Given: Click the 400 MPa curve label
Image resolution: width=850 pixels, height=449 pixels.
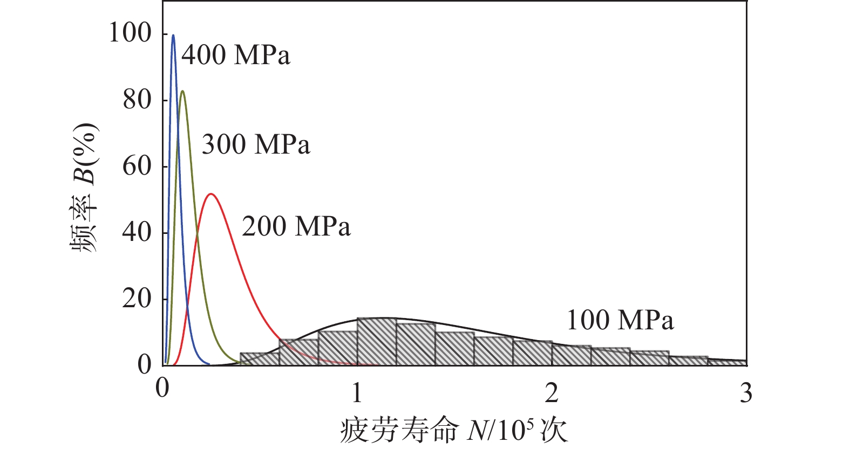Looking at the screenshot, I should point(236,55).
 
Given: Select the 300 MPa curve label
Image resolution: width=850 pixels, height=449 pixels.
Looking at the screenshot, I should point(256,144).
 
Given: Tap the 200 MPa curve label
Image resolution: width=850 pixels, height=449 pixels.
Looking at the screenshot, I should point(296,226).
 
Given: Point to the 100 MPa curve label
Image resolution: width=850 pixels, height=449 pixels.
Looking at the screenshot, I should point(620,320).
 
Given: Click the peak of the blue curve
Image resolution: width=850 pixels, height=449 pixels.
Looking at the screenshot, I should point(173,36).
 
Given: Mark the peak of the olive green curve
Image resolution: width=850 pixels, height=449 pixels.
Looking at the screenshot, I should point(182,91).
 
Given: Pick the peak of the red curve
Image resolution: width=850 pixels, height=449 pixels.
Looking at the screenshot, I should point(211,194).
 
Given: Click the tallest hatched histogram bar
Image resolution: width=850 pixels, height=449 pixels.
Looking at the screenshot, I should point(377,342).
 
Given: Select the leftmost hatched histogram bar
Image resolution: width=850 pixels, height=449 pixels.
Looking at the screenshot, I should point(260,359).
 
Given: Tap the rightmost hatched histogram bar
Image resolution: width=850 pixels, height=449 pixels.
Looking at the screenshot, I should point(727,363).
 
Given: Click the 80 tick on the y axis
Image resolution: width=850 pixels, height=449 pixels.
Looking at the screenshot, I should point(137,100).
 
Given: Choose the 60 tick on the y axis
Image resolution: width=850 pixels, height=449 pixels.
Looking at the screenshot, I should point(137,166).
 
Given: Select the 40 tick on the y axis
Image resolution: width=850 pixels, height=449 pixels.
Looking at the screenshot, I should point(137,232).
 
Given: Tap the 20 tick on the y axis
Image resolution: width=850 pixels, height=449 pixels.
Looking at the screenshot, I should point(137,299).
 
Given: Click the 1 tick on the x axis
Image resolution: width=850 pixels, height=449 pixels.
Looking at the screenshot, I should point(357,393).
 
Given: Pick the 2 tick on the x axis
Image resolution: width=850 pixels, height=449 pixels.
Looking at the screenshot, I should point(552,393).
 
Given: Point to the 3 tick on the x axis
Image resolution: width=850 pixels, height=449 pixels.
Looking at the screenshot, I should point(746,393).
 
